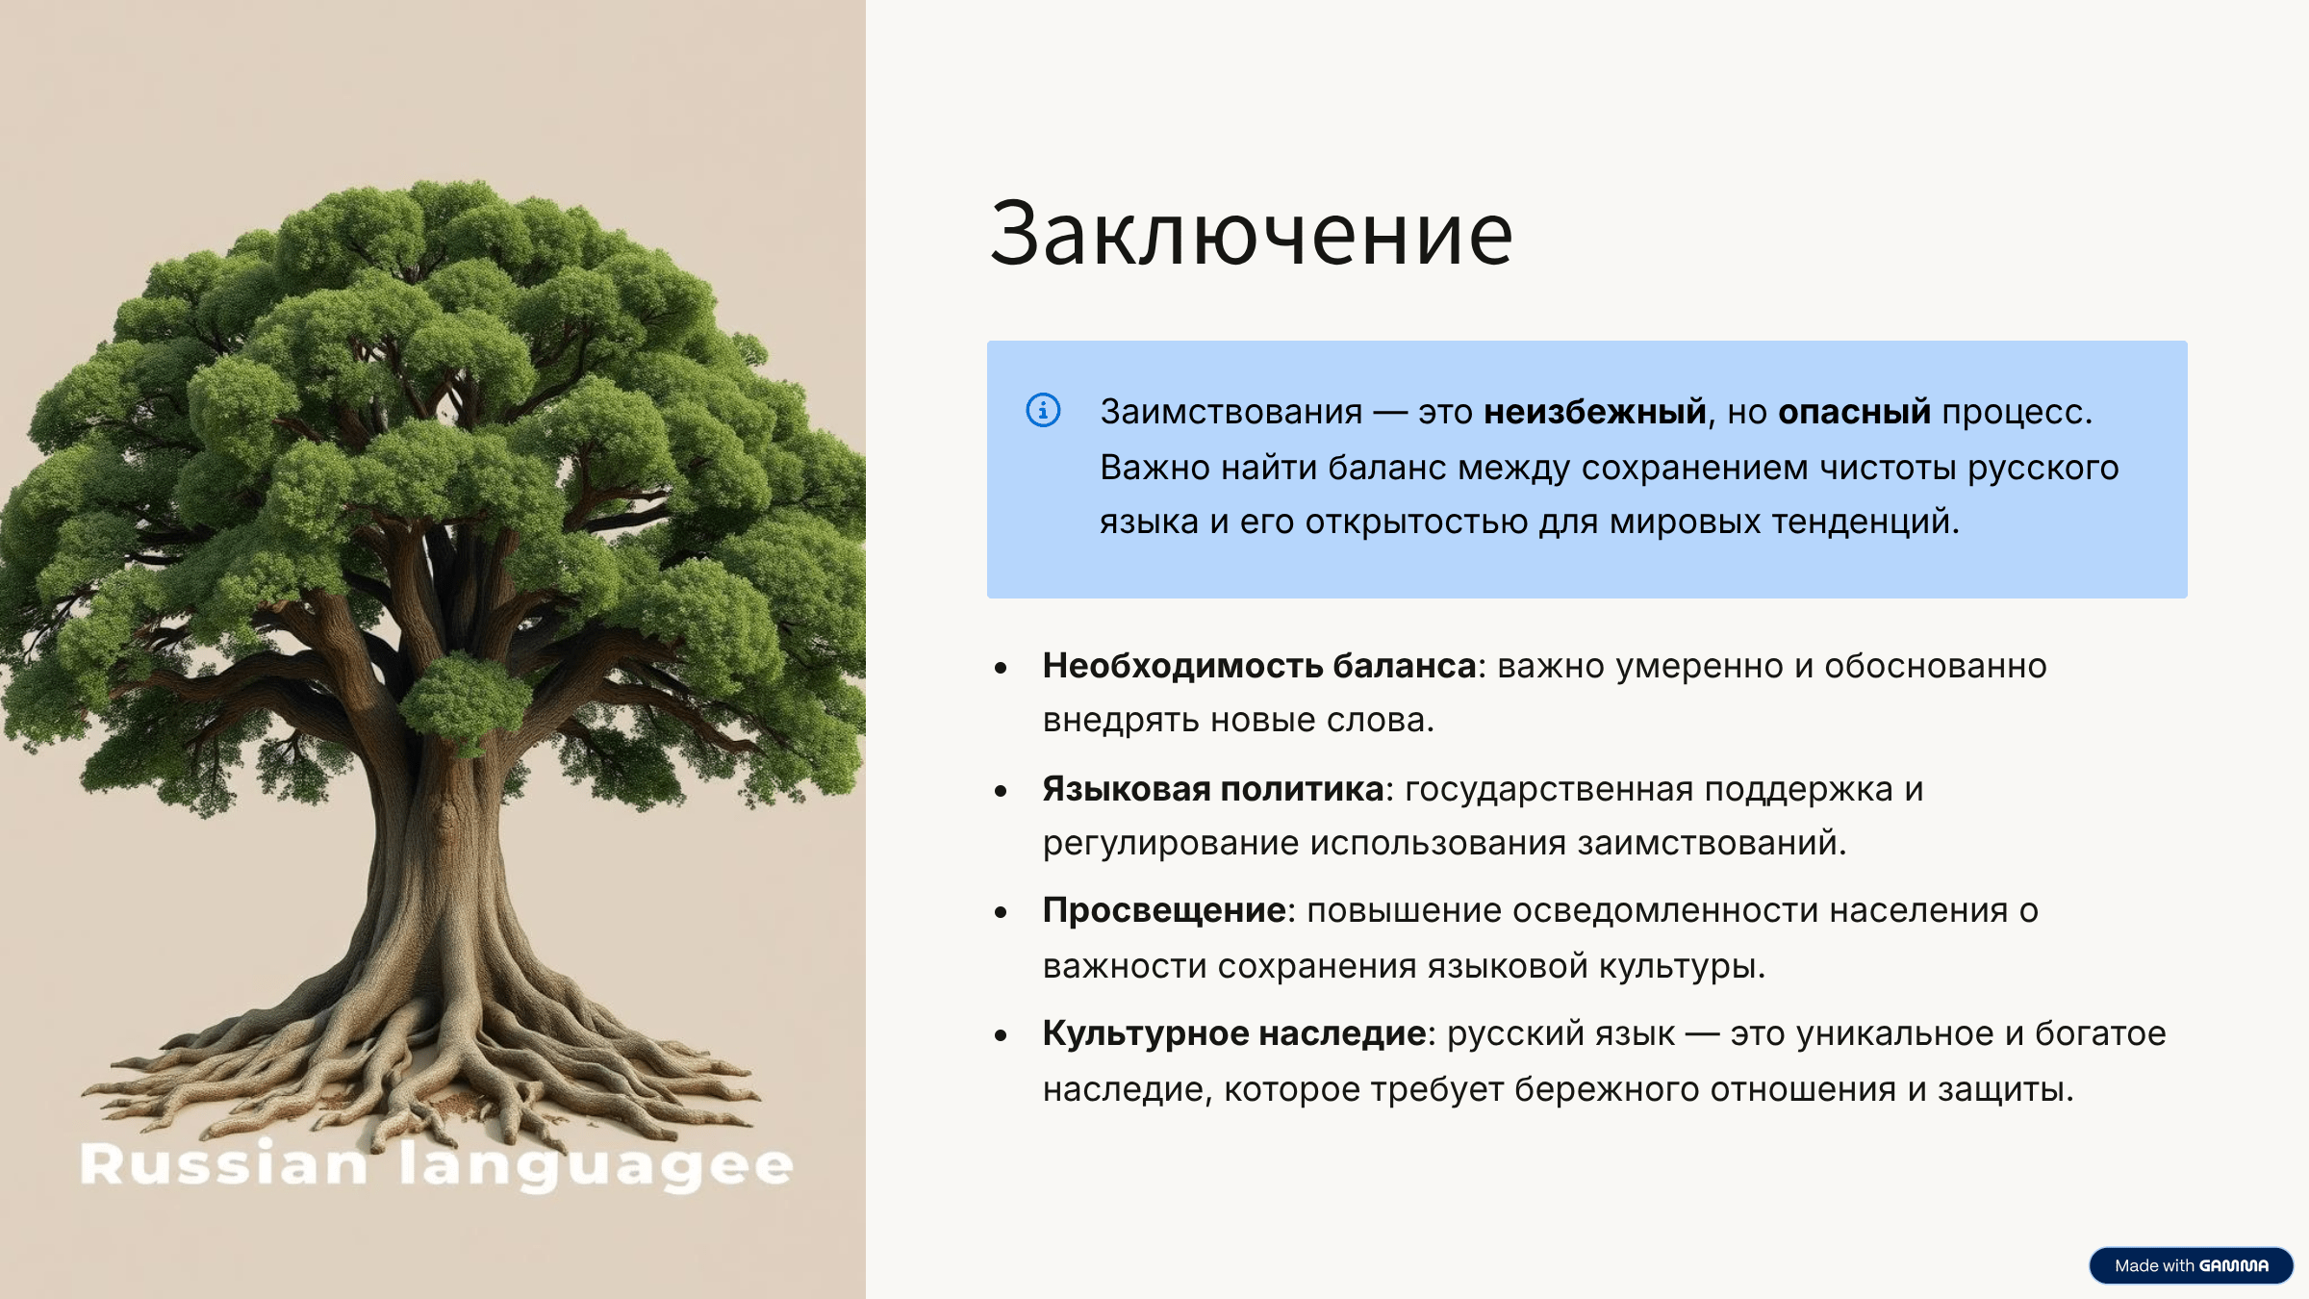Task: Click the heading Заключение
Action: (x=1252, y=234)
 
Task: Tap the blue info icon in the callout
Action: (x=1043, y=411)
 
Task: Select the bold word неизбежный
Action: (x=1595, y=412)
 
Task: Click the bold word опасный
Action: (x=1854, y=412)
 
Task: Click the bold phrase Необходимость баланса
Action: (x=1259, y=666)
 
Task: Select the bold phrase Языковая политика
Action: (x=1213, y=789)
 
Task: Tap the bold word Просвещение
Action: (x=1164, y=910)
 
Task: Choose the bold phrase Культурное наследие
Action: (x=1234, y=1033)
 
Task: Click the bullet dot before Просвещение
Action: (x=1001, y=912)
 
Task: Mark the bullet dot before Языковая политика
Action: (x=1001, y=791)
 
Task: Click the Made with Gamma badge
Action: (x=2191, y=1265)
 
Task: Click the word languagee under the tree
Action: (x=596, y=1166)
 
